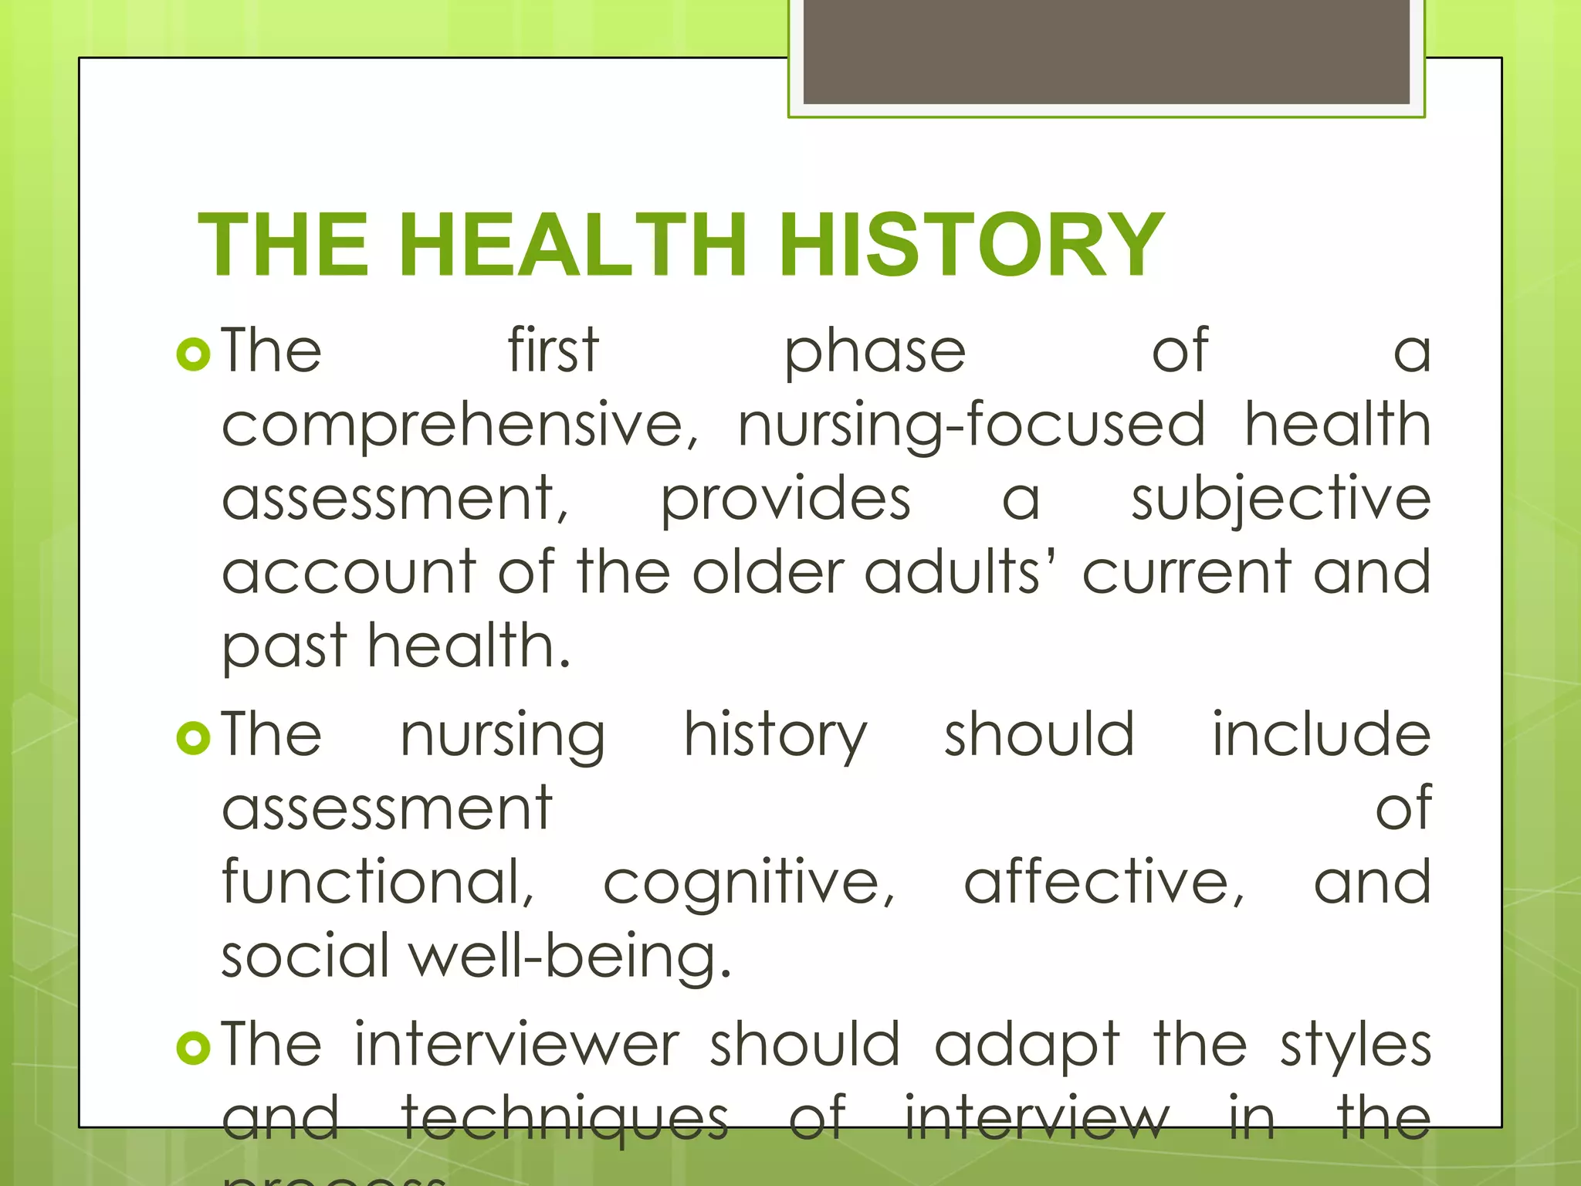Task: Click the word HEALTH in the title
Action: point(572,245)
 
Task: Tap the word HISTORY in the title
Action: point(970,245)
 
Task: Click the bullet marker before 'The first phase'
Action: point(193,355)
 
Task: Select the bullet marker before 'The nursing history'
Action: point(193,738)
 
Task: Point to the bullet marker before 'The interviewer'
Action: point(193,1049)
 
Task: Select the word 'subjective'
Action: point(1281,500)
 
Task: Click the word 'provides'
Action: point(785,500)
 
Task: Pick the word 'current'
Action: point(1186,573)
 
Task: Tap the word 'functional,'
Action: point(378,883)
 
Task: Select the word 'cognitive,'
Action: point(748,883)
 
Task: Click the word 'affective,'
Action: point(1104,883)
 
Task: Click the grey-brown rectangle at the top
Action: point(1105,51)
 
